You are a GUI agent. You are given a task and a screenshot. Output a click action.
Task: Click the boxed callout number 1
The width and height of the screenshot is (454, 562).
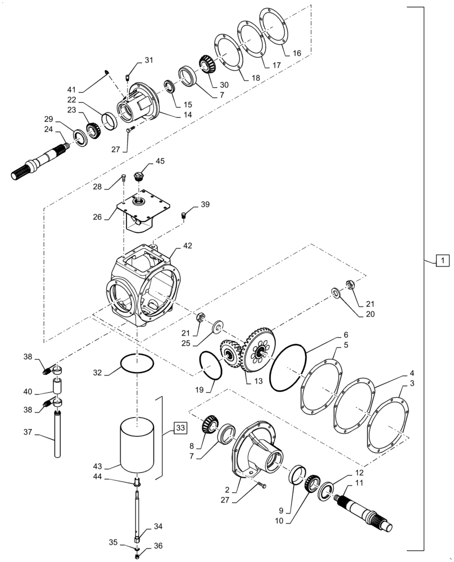point(442,260)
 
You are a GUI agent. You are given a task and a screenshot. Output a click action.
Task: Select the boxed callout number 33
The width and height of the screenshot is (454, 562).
point(179,428)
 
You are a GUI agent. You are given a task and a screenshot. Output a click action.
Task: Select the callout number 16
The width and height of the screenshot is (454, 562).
point(297,53)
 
